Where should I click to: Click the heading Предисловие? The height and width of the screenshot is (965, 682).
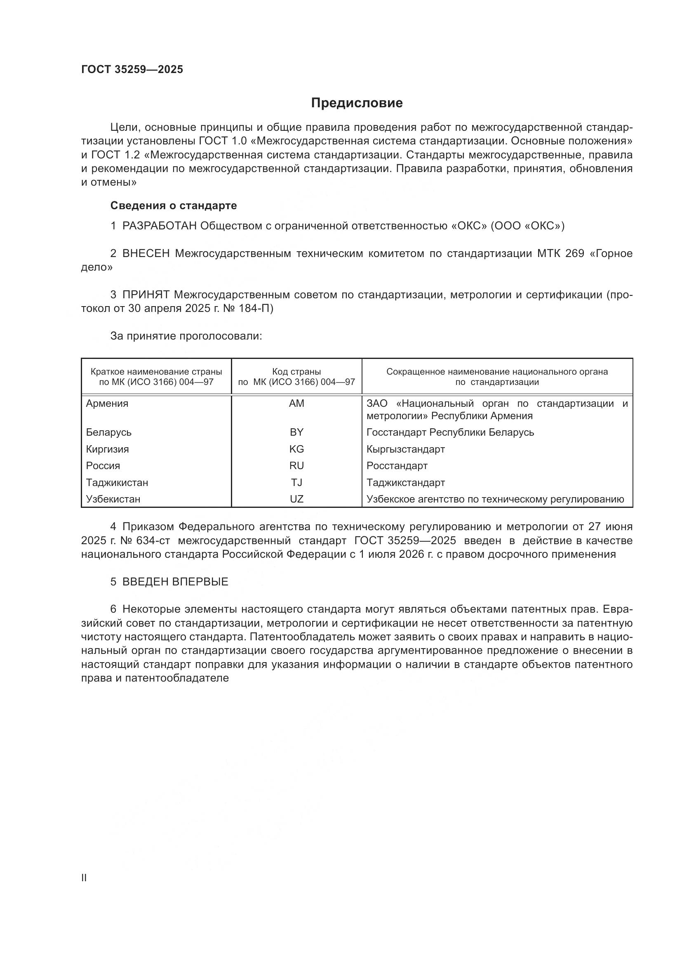click(357, 103)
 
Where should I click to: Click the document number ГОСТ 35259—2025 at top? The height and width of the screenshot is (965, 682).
click(132, 70)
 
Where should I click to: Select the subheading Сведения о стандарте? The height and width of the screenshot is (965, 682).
click(174, 205)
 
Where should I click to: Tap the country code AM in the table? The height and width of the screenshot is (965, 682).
click(296, 403)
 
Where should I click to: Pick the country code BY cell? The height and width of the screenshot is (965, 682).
click(296, 432)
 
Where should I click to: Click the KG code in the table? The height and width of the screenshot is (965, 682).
click(296, 449)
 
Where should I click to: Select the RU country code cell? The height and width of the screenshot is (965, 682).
click(296, 466)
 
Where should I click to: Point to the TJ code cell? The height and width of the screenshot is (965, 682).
click(296, 483)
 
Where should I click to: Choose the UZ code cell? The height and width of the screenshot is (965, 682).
click(296, 499)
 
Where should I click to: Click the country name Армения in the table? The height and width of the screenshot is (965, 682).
click(107, 403)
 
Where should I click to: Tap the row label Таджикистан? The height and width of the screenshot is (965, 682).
click(117, 483)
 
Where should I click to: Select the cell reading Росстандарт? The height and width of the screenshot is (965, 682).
click(397, 466)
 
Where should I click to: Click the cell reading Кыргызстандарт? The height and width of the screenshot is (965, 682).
click(406, 449)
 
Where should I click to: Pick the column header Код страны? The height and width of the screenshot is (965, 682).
click(296, 372)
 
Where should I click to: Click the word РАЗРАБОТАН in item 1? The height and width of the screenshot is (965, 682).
click(159, 226)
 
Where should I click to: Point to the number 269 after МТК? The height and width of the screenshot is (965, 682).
click(574, 253)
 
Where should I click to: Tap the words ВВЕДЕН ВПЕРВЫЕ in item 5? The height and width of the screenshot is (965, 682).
click(175, 582)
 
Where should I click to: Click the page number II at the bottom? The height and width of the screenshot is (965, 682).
click(84, 878)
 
